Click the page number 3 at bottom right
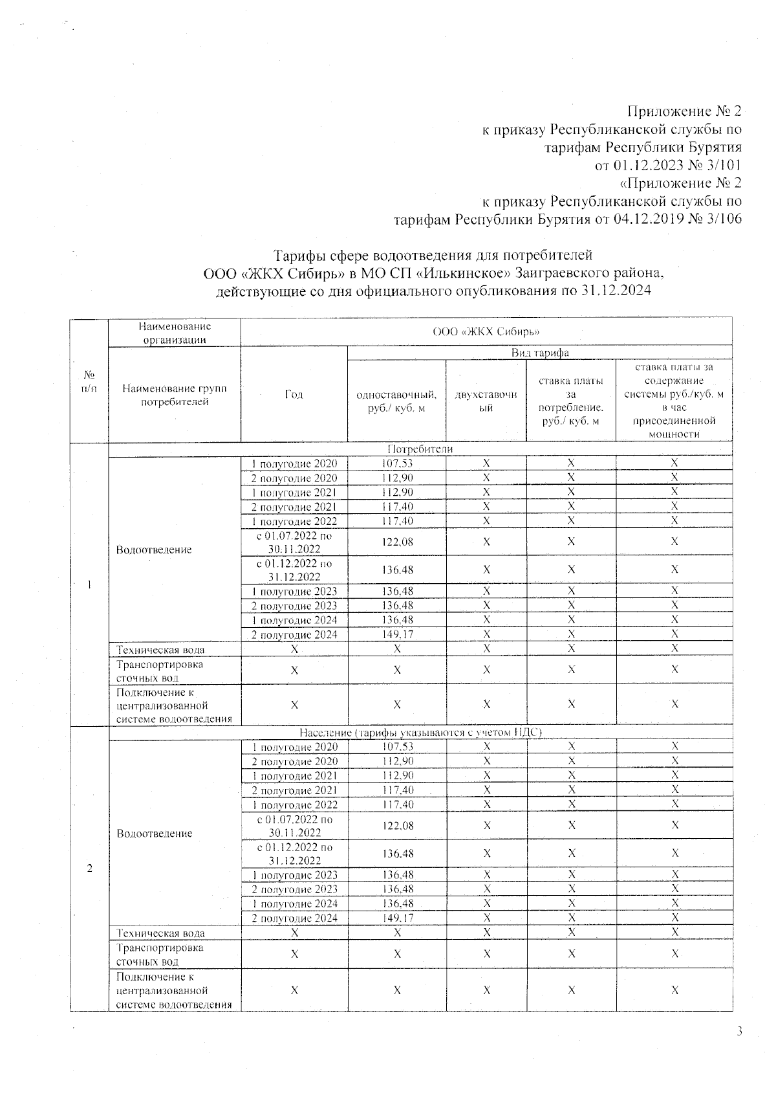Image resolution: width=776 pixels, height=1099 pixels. [x=738, y=1032]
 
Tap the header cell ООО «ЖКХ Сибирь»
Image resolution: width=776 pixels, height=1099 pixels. [x=486, y=332]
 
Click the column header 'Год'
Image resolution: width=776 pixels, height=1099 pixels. [x=294, y=395]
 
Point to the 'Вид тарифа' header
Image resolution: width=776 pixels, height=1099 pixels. [x=539, y=353]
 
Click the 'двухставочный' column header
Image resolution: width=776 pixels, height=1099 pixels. [x=486, y=401]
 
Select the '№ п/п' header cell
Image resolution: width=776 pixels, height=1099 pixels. [x=89, y=381]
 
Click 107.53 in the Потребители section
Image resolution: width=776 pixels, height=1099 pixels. [x=396, y=463]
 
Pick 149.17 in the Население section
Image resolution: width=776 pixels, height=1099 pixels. [x=396, y=918]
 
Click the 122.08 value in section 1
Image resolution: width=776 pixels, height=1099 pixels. [x=396, y=542]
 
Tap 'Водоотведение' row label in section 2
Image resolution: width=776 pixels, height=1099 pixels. [x=154, y=834]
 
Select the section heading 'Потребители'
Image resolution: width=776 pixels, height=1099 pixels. [x=420, y=449]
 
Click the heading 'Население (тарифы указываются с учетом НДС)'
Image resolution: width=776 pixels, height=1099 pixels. [x=420, y=733]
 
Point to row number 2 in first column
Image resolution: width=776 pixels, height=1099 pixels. [x=89, y=869]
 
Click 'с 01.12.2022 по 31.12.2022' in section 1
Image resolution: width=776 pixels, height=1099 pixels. [x=294, y=570]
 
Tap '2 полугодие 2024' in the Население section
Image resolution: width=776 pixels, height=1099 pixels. [x=294, y=918]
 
